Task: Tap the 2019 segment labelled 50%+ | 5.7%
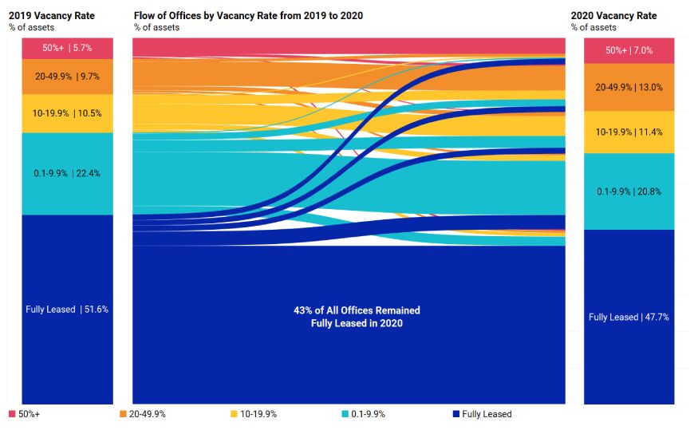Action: point(67,48)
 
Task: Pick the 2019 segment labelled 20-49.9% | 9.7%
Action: point(67,77)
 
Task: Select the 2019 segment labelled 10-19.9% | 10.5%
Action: point(67,113)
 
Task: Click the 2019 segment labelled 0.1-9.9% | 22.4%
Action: point(67,173)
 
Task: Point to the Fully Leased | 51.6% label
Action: point(67,310)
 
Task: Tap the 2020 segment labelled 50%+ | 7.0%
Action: point(629,50)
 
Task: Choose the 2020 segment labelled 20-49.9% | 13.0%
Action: point(629,87)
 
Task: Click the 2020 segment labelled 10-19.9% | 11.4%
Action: point(629,132)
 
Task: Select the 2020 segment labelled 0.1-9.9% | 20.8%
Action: point(629,191)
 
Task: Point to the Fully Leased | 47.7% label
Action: point(629,317)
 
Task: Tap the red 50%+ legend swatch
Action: point(12,415)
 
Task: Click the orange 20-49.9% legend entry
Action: point(143,415)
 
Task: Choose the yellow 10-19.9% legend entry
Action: point(255,415)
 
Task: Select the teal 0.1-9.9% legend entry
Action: point(368,415)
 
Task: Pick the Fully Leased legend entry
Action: point(482,415)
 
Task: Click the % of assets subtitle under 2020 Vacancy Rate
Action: point(593,27)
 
